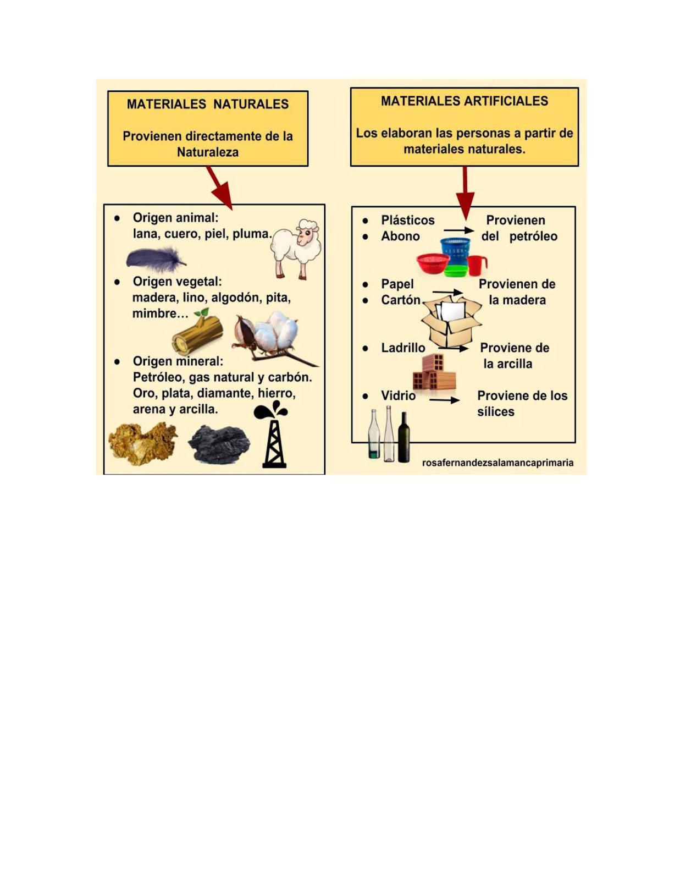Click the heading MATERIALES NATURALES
click(207, 104)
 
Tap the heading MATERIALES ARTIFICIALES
click(464, 101)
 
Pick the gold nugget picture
click(142, 442)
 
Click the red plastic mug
click(477, 265)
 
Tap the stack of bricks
click(434, 374)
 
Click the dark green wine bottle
click(404, 438)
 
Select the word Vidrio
click(398, 395)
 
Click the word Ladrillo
click(403, 348)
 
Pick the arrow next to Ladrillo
click(453, 348)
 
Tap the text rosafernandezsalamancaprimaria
click(497, 463)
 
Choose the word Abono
click(400, 236)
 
